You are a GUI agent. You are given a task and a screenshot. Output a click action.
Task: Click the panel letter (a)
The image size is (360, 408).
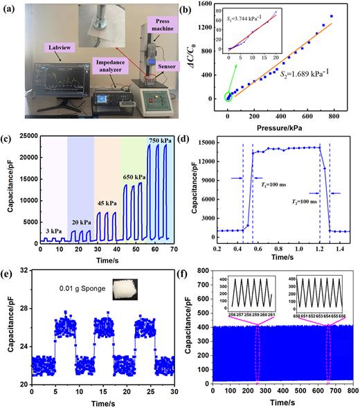pos(10,8)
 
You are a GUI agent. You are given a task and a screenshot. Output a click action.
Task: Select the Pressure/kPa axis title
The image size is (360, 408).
pos(279,126)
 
